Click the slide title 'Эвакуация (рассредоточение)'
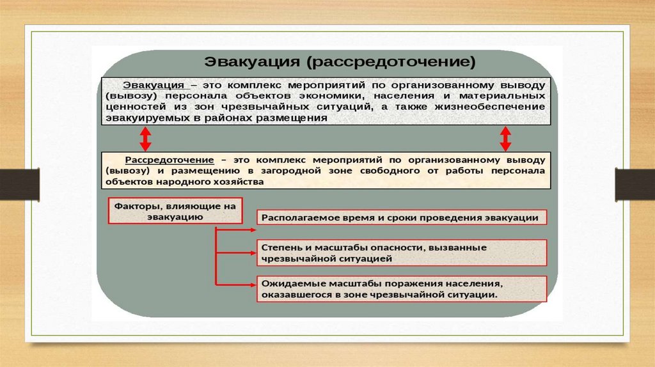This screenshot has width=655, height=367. point(340,63)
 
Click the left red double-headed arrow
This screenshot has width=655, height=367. point(145,137)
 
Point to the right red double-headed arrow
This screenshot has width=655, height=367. point(505,137)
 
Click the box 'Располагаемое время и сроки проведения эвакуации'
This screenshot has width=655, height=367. point(402,218)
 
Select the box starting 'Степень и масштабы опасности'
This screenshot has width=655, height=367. point(402,253)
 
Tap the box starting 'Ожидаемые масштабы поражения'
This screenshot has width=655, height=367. point(402,289)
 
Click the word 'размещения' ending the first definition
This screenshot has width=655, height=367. point(299,118)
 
